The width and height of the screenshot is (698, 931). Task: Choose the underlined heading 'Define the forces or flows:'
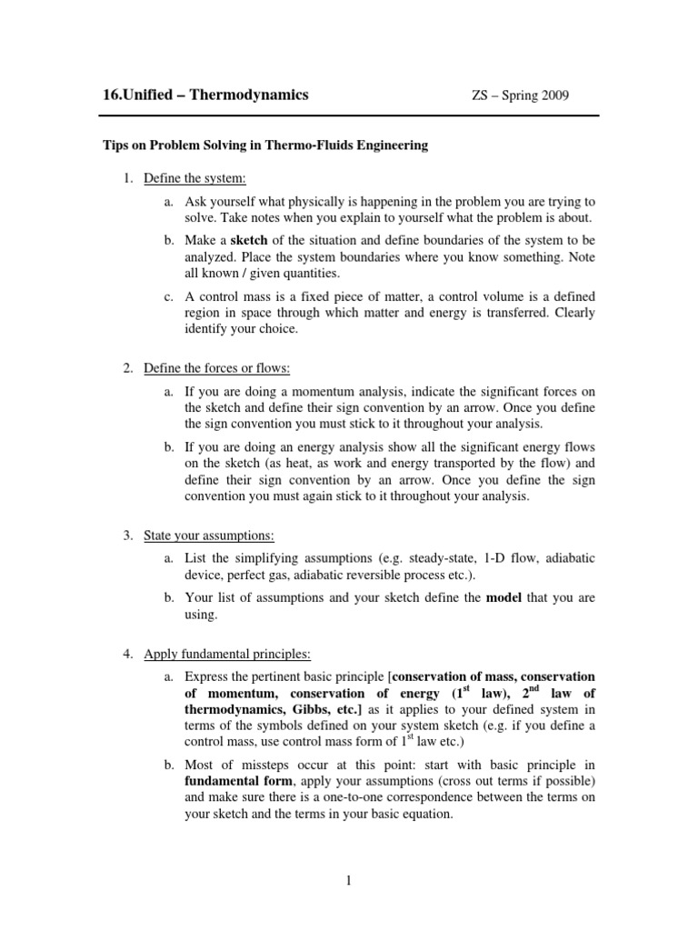pos(216,368)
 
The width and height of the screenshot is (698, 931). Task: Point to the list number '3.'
pos(128,534)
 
